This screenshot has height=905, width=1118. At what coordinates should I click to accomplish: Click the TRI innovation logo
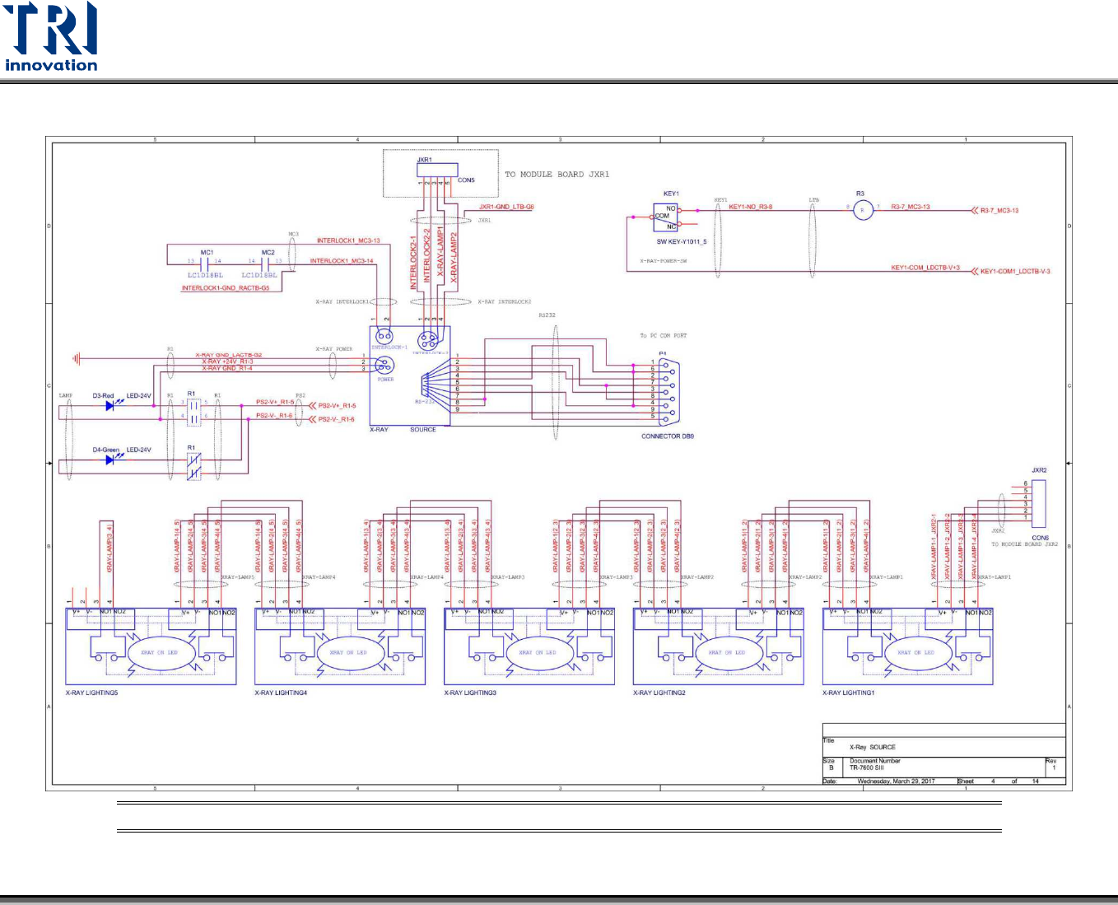(51, 37)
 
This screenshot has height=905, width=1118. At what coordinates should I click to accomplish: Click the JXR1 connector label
(425, 160)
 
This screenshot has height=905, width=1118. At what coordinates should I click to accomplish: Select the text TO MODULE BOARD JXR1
(557, 175)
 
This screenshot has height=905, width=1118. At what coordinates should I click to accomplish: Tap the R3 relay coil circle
(862, 210)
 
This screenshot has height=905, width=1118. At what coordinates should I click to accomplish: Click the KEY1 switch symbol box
(666, 217)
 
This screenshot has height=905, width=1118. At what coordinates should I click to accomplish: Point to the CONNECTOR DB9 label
(667, 436)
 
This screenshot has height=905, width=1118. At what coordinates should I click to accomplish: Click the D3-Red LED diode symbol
(110, 405)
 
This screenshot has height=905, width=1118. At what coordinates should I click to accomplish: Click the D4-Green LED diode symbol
(110, 459)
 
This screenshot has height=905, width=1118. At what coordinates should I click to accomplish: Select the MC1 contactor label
(207, 253)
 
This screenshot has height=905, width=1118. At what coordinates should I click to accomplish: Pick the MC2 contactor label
(268, 253)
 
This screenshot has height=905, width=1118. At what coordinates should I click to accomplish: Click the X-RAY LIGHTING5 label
(91, 693)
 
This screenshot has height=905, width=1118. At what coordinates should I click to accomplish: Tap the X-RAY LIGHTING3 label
(470, 693)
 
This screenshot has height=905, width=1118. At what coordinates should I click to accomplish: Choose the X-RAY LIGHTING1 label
(848, 693)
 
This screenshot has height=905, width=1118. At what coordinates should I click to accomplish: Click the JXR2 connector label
(1039, 471)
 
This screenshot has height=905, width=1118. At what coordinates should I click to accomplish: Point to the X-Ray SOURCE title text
(872, 747)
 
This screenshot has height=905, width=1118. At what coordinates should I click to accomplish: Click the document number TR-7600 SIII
(866, 767)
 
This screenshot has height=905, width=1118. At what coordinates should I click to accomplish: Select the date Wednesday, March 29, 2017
(896, 781)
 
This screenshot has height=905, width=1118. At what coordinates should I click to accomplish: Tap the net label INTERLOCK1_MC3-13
(348, 240)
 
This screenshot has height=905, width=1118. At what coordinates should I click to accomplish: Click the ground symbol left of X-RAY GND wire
(77, 359)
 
